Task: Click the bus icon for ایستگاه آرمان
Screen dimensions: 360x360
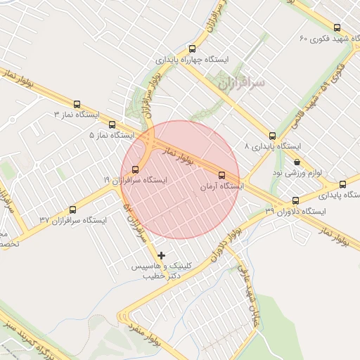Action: pos(222,175)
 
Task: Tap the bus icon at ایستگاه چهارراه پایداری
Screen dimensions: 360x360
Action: pos(192,49)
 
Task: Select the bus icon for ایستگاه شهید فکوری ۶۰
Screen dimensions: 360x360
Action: pos(337,27)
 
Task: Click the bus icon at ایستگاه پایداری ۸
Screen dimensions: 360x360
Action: pos(272,136)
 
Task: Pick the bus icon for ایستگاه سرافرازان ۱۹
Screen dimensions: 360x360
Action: pos(136,168)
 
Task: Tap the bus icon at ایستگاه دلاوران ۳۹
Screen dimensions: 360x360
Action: pos(295,200)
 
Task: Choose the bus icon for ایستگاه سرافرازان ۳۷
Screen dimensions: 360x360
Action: pos(72,210)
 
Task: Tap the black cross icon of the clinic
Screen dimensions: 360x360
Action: pos(162,255)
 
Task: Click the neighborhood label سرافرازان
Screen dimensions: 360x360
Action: pos(241,83)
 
